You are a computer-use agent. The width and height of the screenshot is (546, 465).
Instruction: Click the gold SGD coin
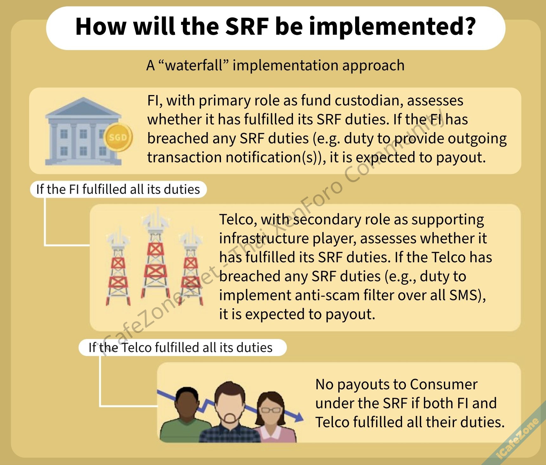point(118,137)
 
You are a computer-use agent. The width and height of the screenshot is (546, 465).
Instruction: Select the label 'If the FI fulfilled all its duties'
point(118,189)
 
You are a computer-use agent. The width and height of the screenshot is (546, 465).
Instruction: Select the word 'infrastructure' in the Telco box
point(264,238)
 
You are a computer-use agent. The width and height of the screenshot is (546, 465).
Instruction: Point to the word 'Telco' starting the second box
point(236,220)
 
